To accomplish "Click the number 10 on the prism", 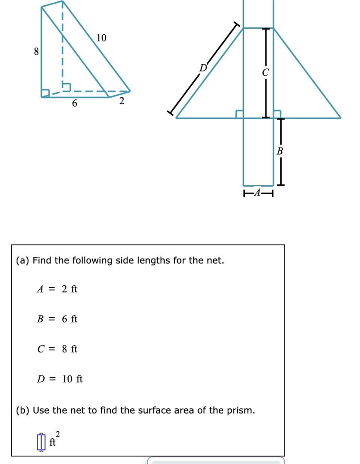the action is pos(101,38).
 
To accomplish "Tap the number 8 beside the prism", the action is pos(36,52).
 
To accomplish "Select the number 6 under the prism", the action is pos(74,103).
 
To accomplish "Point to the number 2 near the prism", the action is pos(121,101).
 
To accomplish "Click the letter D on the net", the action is pos(203,68).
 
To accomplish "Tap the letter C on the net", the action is pos(265,72).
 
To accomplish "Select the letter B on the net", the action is pos(280,151).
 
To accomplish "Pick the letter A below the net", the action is pos(257,192).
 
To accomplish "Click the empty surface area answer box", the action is pos(41,442).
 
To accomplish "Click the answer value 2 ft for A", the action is pos(70,289).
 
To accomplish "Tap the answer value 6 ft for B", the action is pos(70,319).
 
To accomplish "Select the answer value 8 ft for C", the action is pos(70,349).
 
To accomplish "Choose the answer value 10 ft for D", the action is pos(72,379).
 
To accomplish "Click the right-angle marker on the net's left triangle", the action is pos(239,114).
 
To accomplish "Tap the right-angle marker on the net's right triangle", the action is pos(277,114).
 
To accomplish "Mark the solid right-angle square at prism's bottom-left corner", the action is pos(45,93).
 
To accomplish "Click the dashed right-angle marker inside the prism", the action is pos(66,87).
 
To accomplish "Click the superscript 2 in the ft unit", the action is pos(58,434).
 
